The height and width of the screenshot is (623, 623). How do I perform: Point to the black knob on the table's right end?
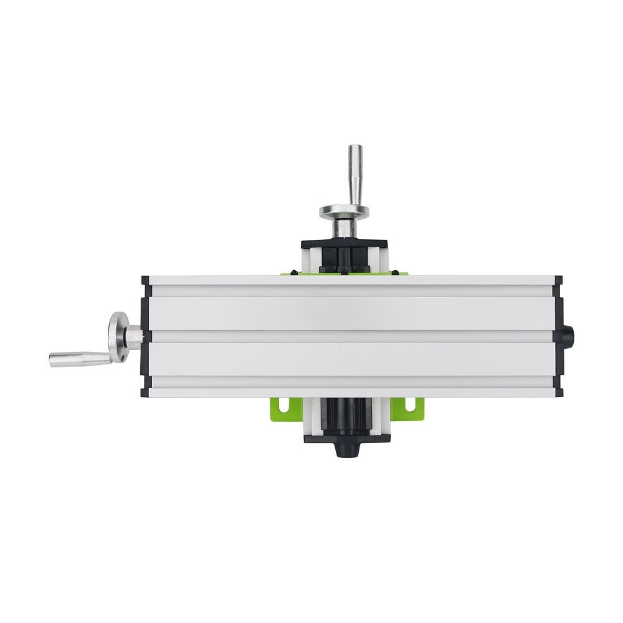click(x=568, y=337)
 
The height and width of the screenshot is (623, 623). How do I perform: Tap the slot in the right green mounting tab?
click(x=411, y=404)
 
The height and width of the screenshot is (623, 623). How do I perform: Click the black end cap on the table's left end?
click(x=145, y=337)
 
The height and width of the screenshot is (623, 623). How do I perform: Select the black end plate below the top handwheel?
click(x=344, y=245)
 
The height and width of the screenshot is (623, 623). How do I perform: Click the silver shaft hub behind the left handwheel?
click(x=134, y=337)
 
